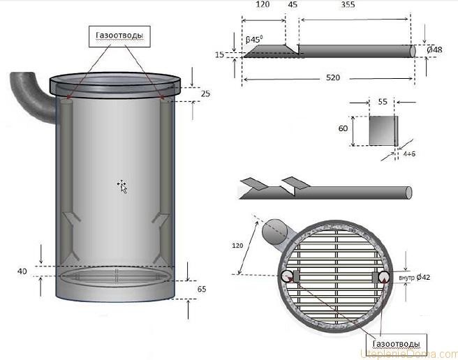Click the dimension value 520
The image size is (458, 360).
(x=332, y=78)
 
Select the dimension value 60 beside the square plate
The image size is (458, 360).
(x=343, y=130)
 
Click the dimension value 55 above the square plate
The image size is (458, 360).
(x=382, y=101)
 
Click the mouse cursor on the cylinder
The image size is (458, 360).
(x=122, y=186)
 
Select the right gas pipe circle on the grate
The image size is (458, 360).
(x=385, y=276)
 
